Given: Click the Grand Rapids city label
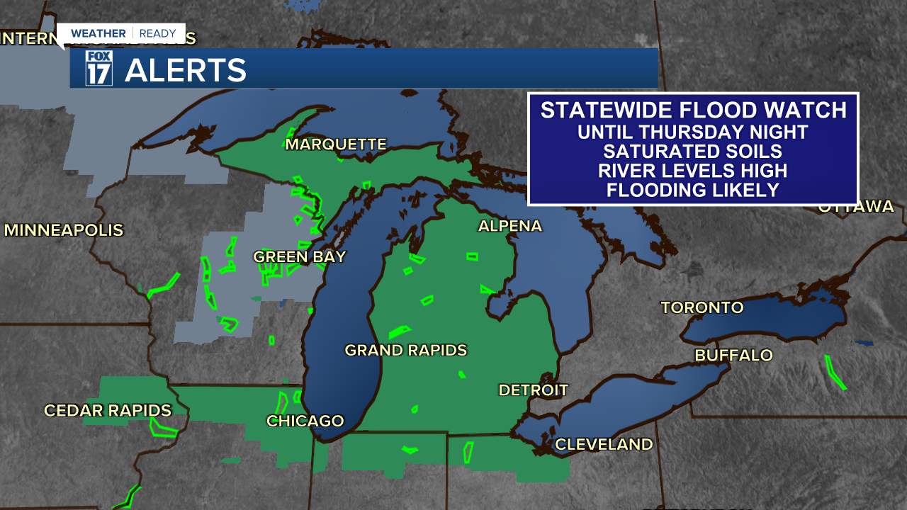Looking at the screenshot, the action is (405, 350).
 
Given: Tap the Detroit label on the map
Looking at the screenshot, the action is (533, 390).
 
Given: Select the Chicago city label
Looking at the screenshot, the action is (305, 421).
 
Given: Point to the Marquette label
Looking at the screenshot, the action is (336, 144).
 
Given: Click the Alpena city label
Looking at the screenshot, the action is (509, 226).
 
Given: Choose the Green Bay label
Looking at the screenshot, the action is (299, 256).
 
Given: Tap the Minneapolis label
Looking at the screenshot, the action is (64, 230).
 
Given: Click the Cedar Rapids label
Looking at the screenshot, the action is (108, 410).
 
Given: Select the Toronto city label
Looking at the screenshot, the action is (702, 307).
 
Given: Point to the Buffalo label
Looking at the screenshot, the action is (733, 355).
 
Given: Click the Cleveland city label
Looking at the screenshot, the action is (603, 444).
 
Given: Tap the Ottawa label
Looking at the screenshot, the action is (855, 207).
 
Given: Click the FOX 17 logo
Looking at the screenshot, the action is (99, 69).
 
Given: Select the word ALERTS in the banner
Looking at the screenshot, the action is (186, 70).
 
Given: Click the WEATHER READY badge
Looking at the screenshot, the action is (123, 33).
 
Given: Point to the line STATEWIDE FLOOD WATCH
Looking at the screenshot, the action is (693, 110).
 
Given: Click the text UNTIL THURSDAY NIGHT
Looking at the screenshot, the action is (692, 132).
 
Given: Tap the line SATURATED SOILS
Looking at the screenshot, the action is (692, 151).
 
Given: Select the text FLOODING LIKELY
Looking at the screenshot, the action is (692, 190).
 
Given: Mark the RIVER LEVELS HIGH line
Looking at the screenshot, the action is (692, 171).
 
